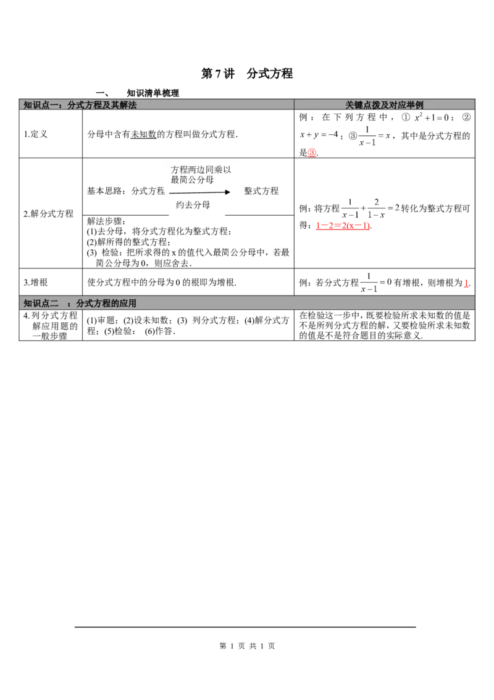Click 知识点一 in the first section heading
coord(38,105)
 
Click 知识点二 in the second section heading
coord(41,303)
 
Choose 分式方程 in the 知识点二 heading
coord(93,303)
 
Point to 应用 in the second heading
coord(128,303)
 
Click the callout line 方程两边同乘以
coord(201,169)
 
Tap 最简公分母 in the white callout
coord(192,180)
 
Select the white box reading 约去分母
coord(197,205)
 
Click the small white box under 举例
coord(432,117)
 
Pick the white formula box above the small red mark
coord(319,134)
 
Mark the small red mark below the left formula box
coord(312,152)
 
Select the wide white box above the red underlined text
coord(370,207)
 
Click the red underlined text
coord(342,227)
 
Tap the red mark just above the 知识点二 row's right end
coord(466,284)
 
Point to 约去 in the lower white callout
coord(185,205)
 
